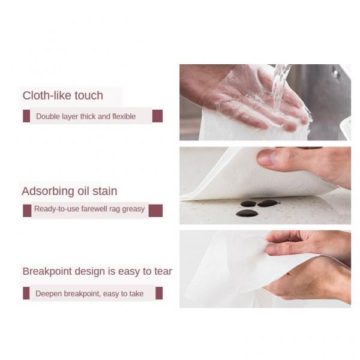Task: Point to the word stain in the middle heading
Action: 105,191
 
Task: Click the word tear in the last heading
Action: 162,271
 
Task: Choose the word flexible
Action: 122,116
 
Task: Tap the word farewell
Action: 92,209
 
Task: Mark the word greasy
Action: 134,209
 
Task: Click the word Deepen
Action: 49,293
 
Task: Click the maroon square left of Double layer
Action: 26,116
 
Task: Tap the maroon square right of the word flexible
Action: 157,116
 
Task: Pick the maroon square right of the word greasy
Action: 155,210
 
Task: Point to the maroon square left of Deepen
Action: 26,293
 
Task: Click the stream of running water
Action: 279,84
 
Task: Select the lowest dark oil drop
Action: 247,213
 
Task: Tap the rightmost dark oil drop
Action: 268,203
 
